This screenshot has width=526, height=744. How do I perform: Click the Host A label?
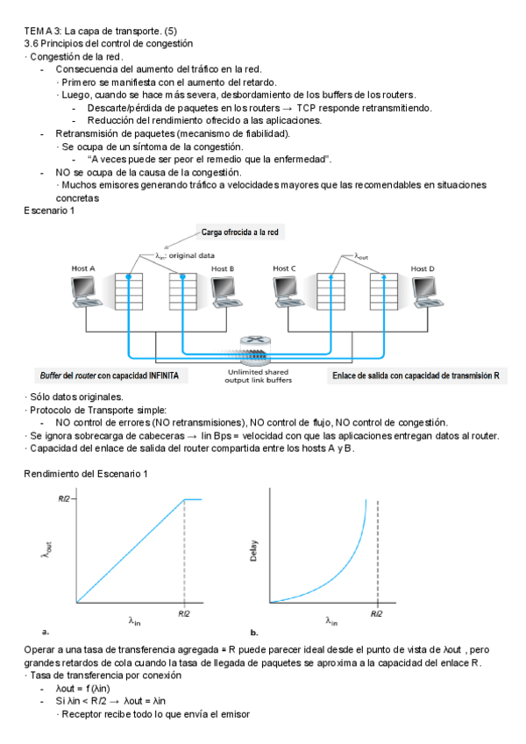(x=83, y=268)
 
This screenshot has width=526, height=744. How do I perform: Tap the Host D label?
(x=423, y=268)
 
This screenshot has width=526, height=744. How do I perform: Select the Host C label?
(x=284, y=268)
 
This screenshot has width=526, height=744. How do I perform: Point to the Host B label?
(x=223, y=268)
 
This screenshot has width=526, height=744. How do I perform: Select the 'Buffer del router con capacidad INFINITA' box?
(x=110, y=376)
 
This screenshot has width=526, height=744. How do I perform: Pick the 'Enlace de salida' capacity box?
(x=416, y=376)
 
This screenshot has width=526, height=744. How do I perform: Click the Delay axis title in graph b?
(x=253, y=550)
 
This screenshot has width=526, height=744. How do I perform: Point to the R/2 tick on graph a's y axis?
(x=63, y=497)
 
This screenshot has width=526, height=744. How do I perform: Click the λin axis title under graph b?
(x=331, y=621)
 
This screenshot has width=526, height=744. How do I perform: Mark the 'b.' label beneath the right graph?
(x=254, y=632)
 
